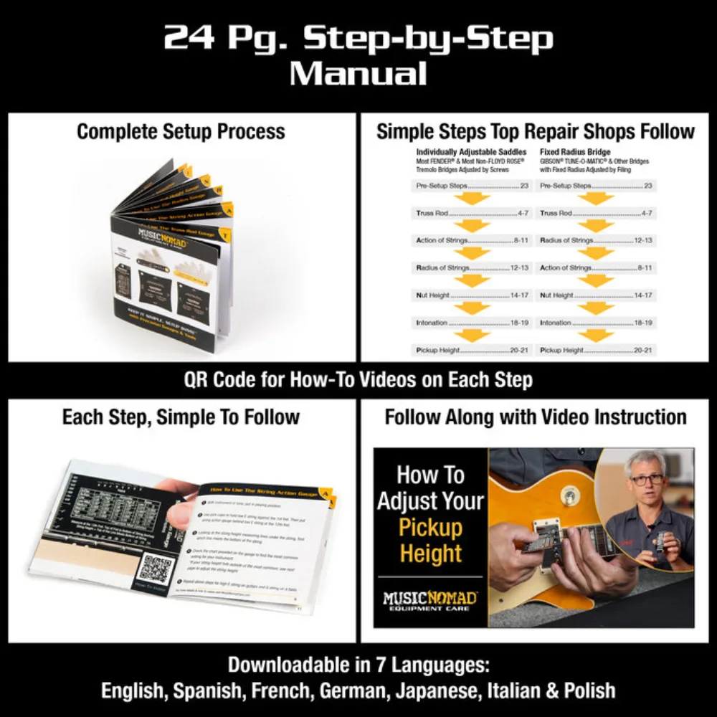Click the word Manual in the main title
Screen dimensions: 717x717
(x=358, y=73)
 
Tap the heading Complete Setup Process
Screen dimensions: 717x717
(x=181, y=131)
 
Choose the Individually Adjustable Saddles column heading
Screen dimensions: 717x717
(x=471, y=152)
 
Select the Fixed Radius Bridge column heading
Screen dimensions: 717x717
(x=575, y=152)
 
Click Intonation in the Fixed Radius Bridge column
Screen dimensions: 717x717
(x=556, y=323)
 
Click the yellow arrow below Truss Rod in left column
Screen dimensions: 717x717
(x=473, y=226)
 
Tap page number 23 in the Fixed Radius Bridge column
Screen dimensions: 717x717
(x=647, y=186)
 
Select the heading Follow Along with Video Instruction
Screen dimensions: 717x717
(x=535, y=417)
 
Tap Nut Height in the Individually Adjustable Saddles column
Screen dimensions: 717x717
(x=433, y=295)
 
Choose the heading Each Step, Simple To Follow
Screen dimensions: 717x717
(x=181, y=417)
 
